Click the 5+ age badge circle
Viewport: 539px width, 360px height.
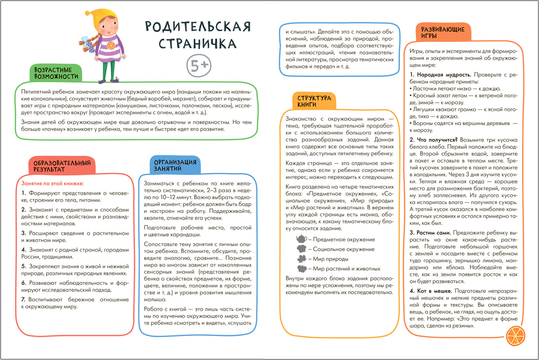pyautogui.click(x=199, y=66)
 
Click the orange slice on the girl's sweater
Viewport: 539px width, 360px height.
pyautogui.click(x=111, y=45)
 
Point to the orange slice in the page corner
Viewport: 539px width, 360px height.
pyautogui.click(x=516, y=336)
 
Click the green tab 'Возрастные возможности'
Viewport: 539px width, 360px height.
pyautogui.click(x=56, y=73)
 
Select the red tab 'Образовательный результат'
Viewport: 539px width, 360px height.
pyautogui.click(x=62, y=166)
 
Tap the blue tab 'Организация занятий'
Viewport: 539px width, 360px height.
pyautogui.click(x=175, y=165)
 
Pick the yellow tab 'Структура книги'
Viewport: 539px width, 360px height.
pyautogui.click(x=314, y=101)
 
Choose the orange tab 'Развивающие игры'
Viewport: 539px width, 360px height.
pyautogui.click(x=443, y=32)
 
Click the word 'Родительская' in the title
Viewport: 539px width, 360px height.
pyautogui.click(x=198, y=26)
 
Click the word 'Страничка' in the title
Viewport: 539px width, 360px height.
pyautogui.click(x=197, y=43)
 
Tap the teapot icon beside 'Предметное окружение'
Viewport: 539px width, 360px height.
pyautogui.click(x=301, y=239)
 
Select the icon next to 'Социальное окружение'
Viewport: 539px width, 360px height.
pyautogui.click(x=301, y=249)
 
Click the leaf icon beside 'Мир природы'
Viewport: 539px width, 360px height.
pyautogui.click(x=302, y=259)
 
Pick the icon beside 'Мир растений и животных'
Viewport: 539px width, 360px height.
pyautogui.click(x=302, y=269)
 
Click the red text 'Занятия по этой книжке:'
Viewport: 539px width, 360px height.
pyautogui.click(x=53, y=183)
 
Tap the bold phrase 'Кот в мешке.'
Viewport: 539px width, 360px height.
pyautogui.click(x=434, y=291)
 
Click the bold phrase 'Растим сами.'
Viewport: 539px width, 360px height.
pyautogui.click(x=434, y=233)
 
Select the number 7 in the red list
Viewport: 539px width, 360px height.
pyautogui.click(x=23, y=299)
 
